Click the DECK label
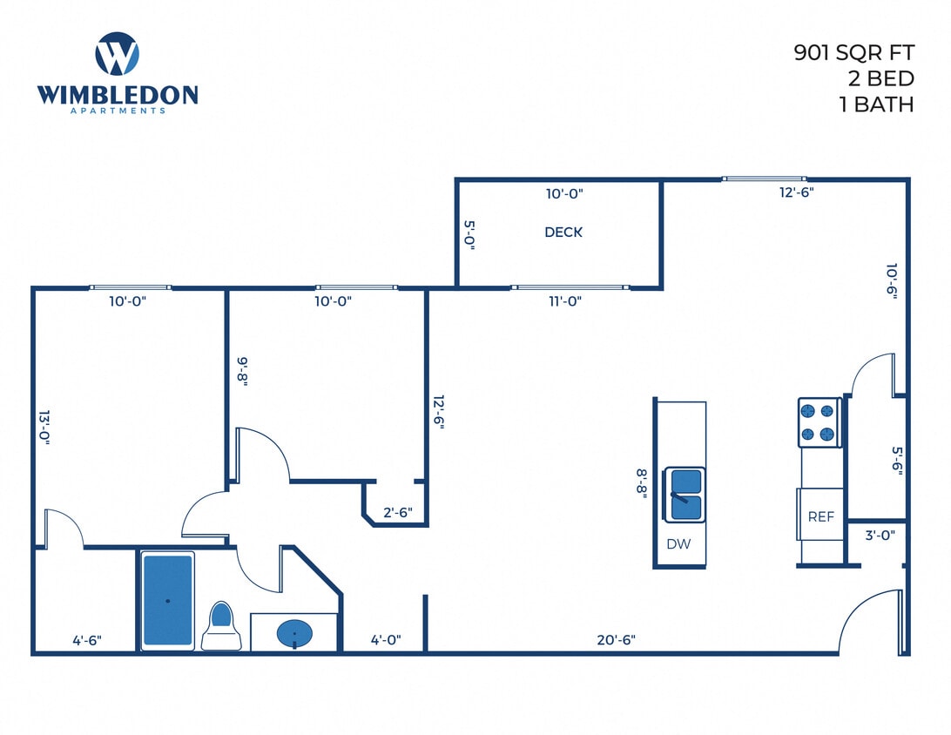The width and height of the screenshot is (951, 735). point(563,233)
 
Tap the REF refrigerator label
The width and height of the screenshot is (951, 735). point(821,516)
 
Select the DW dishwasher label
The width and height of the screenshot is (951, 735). point(678,544)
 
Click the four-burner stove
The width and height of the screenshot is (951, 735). point(819,422)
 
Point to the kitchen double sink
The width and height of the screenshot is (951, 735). point(685,495)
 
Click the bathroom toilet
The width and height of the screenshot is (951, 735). point(221,627)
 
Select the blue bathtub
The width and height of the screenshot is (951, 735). point(167,601)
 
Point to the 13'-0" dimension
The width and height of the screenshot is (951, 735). point(44,428)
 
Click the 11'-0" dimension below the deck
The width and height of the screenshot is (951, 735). point(564,301)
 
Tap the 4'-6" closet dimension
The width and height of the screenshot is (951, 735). point(86,640)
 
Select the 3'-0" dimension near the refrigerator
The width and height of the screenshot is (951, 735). point(880,536)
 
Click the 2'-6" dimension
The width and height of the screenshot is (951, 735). point(398,513)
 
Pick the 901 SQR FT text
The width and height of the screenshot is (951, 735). point(853,53)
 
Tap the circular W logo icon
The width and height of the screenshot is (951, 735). point(117,54)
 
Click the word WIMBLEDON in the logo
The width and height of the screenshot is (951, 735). point(118,94)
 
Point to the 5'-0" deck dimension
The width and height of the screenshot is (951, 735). point(469,235)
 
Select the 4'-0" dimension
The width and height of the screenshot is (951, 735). point(385,640)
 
